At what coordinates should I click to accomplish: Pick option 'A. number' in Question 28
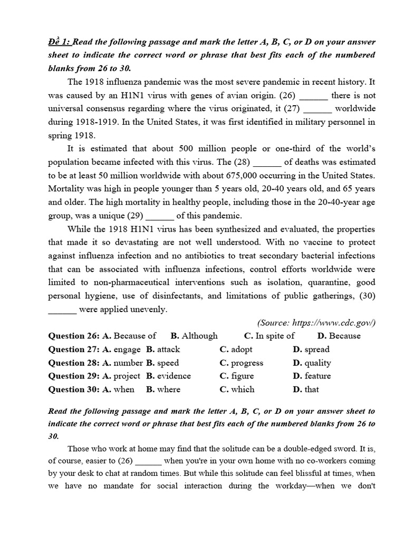point(122,363)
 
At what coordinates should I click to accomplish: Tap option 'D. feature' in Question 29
point(312,376)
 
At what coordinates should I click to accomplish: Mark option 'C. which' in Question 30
point(237,390)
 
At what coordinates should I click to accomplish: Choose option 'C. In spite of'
point(269,336)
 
